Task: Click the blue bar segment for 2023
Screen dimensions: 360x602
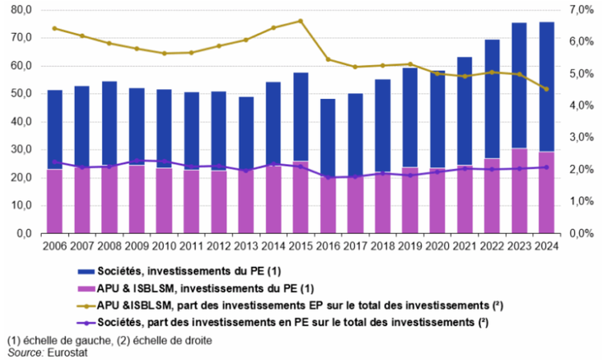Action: coord(519,85)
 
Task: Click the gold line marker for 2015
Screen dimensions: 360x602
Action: coord(300,21)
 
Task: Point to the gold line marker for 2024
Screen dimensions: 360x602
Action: coord(546,89)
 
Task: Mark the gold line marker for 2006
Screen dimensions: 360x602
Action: coord(55,28)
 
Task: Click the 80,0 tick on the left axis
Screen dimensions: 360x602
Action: coord(21,10)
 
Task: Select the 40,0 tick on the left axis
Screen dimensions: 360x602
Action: coord(21,122)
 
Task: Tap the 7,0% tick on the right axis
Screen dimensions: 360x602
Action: coord(581,10)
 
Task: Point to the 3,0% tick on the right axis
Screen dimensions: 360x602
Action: coord(581,138)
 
